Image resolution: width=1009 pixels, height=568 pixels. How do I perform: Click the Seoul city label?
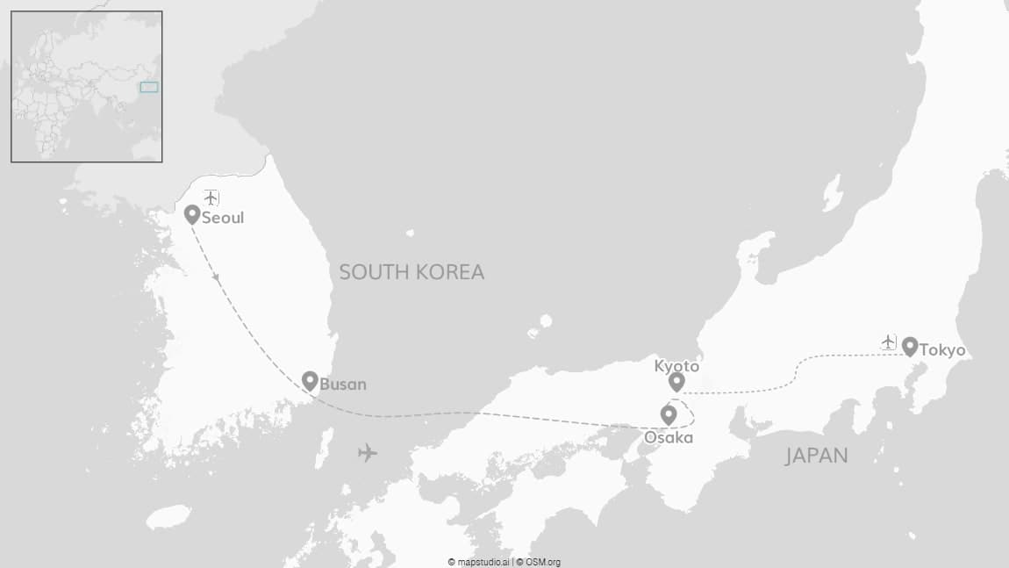pos(223,218)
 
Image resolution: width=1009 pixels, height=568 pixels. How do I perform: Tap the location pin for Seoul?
pos(192,214)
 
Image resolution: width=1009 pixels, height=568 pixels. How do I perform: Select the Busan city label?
pos(343,385)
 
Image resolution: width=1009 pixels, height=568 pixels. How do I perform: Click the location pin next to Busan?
pos(310,380)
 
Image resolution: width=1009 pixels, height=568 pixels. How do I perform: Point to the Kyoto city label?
pos(676,366)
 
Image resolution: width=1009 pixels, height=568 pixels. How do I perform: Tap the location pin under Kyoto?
pos(676,382)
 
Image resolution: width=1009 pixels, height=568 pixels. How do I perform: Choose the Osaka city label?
pos(669,437)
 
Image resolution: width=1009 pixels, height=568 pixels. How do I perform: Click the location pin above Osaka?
pos(669,414)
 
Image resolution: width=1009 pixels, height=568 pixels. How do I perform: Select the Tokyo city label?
pos(942,350)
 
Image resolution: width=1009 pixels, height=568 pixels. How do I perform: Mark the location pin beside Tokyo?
pos(910,347)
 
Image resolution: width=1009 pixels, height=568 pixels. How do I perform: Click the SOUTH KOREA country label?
pos(411,272)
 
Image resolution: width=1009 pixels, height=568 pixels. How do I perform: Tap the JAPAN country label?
pos(816,456)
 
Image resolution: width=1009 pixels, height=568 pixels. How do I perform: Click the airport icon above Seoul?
pos(211,197)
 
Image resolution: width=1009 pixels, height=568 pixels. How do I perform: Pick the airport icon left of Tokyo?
pos(889,341)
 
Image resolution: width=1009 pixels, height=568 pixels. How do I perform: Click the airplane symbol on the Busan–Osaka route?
pos(368,453)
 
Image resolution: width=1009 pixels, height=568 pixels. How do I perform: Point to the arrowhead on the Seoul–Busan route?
pos(217,277)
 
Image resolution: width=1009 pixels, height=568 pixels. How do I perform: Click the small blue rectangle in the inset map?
pos(149,87)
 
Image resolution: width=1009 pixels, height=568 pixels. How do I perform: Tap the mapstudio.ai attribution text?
pos(480,562)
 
